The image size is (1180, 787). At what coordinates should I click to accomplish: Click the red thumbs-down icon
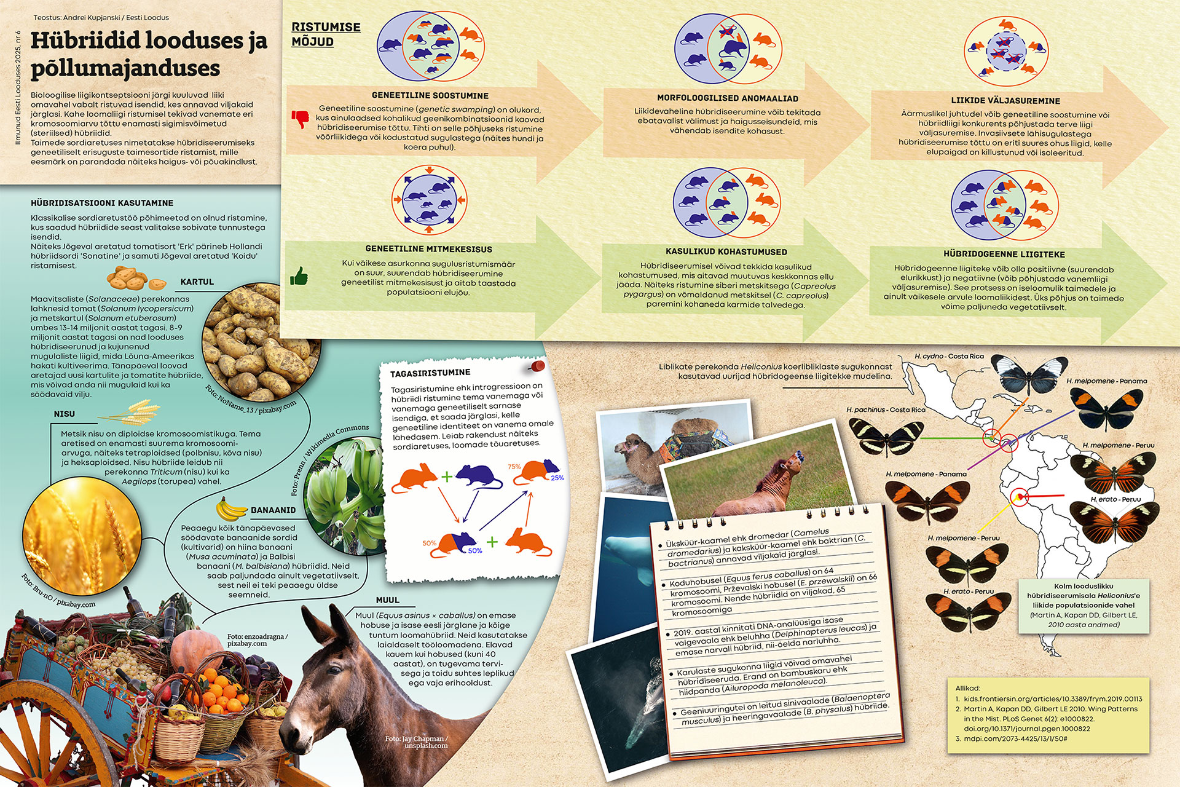300,119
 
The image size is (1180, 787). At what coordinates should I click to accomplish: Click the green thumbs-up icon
299,276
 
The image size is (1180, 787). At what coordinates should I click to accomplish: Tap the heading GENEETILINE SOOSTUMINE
430,95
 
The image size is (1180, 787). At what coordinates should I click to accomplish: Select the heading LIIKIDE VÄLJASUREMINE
1005,100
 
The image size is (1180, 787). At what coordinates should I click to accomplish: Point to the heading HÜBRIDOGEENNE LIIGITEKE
1004,254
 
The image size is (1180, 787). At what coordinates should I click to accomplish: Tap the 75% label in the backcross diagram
514,467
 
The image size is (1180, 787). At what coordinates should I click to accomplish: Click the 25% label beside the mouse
557,478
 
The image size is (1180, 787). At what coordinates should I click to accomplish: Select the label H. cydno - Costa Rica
949,356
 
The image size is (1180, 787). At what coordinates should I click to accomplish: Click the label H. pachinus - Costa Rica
886,409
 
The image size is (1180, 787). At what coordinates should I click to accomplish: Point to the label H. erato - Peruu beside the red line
1115,499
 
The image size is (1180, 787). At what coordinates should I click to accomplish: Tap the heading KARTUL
197,282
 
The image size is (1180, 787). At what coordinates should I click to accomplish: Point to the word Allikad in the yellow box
968,688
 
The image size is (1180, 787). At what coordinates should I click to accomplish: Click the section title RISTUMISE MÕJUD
326,34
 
